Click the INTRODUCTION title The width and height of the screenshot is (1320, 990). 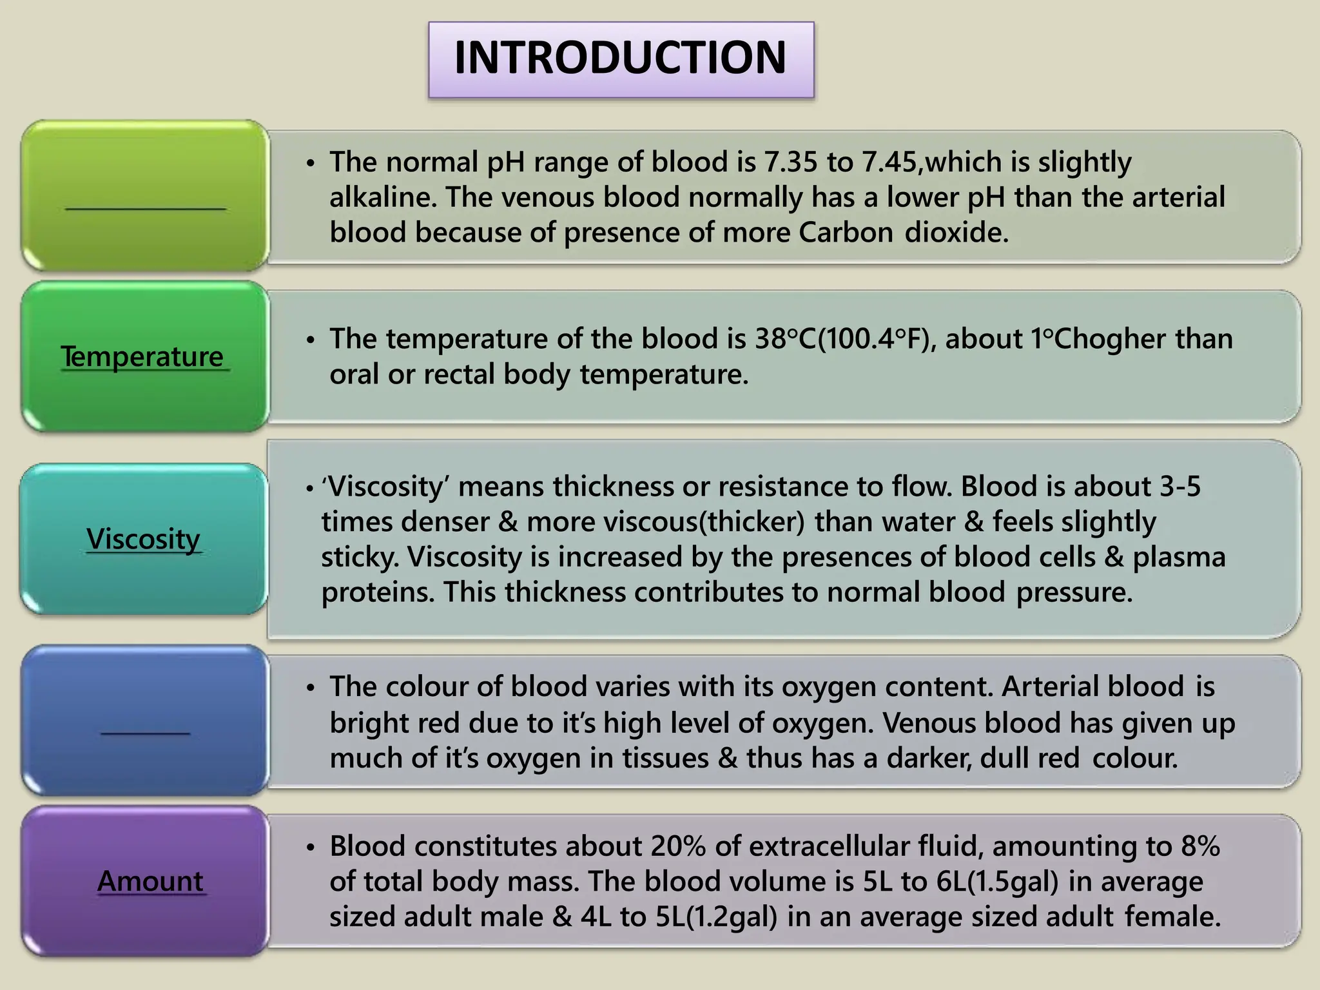620,58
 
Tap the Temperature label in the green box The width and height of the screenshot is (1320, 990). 142,356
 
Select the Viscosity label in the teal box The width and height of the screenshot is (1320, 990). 143,539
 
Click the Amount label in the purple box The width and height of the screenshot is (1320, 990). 150,881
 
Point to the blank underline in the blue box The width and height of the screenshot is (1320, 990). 145,732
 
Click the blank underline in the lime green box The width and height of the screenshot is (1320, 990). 145,208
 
